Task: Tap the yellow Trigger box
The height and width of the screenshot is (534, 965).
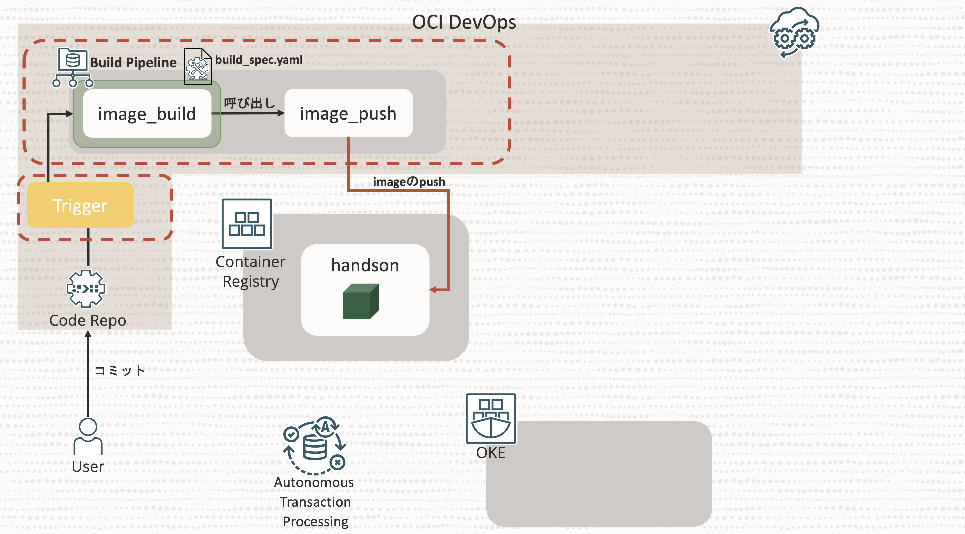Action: pyautogui.click(x=80, y=205)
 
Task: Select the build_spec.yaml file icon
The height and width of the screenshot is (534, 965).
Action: pyautogui.click(x=198, y=67)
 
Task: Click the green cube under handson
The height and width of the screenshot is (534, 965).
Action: pyautogui.click(x=360, y=302)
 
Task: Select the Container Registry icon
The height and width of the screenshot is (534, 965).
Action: pyautogui.click(x=247, y=224)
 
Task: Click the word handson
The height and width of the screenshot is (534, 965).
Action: pyautogui.click(x=365, y=265)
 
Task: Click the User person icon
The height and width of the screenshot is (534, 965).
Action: pyautogui.click(x=88, y=436)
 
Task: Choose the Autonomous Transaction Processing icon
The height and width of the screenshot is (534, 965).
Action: pyautogui.click(x=315, y=446)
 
